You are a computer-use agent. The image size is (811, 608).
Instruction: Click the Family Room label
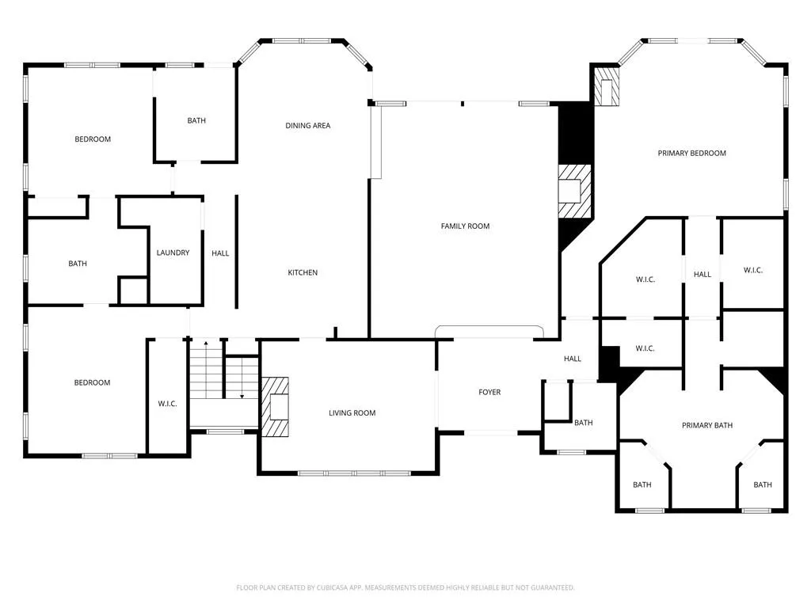click(x=465, y=226)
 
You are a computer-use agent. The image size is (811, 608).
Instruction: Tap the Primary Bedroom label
click(x=691, y=153)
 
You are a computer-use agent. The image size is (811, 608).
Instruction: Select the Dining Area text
click(x=308, y=125)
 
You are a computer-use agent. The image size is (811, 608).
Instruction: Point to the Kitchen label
click(x=303, y=272)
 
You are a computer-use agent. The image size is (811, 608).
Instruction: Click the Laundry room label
click(x=173, y=253)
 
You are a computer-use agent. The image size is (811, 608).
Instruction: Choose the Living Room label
click(x=352, y=412)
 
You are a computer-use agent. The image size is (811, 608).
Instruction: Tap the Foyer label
click(x=489, y=392)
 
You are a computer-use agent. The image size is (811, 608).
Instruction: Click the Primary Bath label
click(x=707, y=425)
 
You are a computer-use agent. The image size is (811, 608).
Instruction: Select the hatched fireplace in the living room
click(x=274, y=407)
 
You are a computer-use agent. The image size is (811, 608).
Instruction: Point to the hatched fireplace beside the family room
click(x=574, y=192)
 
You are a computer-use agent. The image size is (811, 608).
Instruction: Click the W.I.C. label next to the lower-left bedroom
click(x=168, y=403)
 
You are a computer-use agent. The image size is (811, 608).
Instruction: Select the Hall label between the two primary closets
click(x=702, y=274)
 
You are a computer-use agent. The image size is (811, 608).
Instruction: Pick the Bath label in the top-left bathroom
click(x=196, y=120)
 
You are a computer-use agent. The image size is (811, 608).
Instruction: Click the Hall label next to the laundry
click(x=220, y=253)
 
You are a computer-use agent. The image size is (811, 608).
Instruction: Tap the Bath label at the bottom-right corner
click(x=763, y=484)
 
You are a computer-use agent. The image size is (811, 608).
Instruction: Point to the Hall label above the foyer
click(x=573, y=359)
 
